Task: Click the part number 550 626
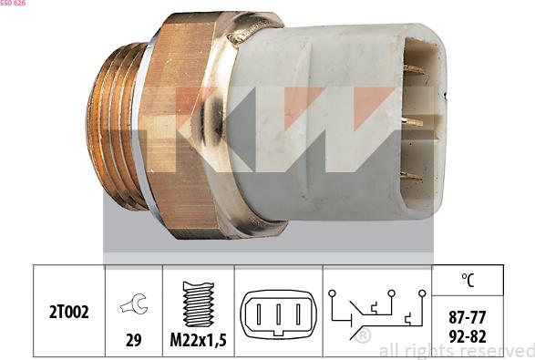pyautogui.click(x=13, y=5)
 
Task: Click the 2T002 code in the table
pyautogui.click(x=68, y=313)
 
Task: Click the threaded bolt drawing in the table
pyautogui.click(x=198, y=303)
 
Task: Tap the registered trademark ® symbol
pyautogui.click(x=363, y=337)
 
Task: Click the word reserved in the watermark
pyautogui.click(x=496, y=351)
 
